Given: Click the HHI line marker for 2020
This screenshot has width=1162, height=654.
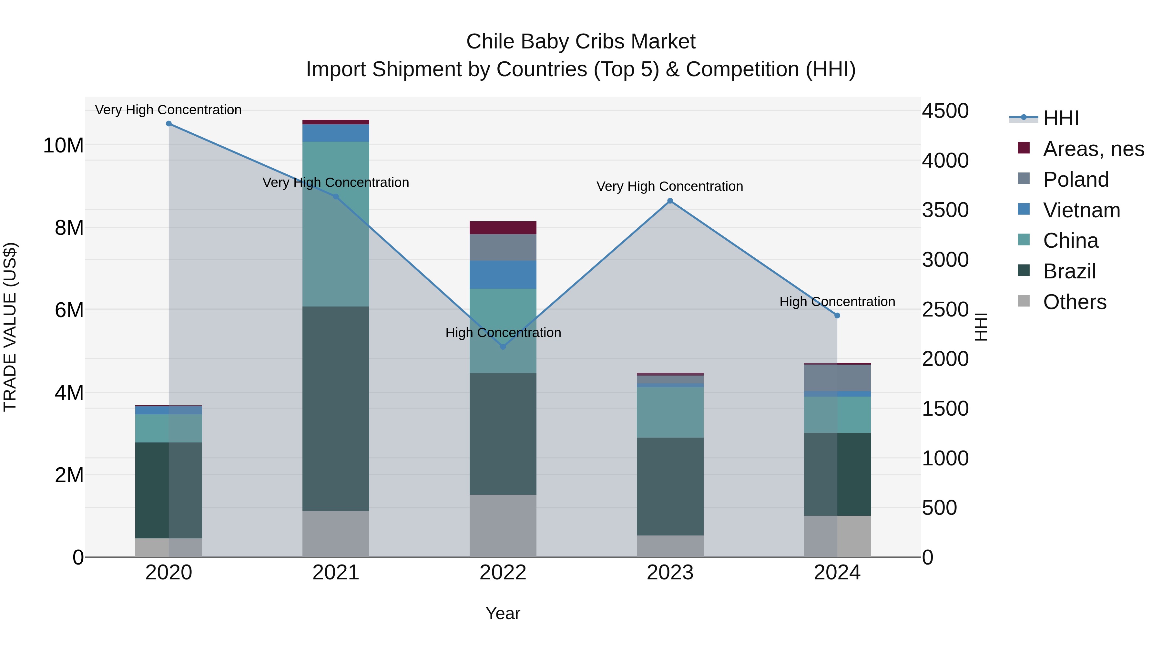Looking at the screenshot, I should coord(169,124).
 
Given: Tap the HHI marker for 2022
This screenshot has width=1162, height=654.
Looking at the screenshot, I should coord(503,347).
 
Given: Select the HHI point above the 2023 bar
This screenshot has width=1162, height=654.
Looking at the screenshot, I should coord(670,201).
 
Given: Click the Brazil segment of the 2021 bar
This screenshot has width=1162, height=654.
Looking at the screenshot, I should coord(336,409).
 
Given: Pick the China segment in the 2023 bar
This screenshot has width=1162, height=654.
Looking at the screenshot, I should coord(670,412).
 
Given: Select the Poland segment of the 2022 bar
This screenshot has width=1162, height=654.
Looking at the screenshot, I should coord(503,247).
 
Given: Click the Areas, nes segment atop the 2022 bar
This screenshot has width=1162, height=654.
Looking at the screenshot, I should coord(503,227).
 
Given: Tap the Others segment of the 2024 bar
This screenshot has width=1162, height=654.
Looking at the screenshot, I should coord(837,536).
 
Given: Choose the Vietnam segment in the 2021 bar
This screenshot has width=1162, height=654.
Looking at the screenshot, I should coord(336,133).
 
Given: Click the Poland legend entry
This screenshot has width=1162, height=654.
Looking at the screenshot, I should coord(1075,180).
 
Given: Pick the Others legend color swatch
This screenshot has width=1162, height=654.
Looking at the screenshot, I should coord(1024,301).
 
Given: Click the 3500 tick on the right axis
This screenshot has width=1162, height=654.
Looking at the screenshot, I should coord(945,210).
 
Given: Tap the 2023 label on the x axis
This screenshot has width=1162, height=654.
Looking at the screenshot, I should coord(670,573).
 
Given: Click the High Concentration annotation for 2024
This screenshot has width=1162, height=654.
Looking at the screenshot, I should coord(837,302).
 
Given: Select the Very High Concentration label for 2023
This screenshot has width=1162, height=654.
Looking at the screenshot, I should coord(669,186).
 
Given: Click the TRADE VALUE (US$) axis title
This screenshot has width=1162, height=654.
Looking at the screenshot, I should coord(10,327).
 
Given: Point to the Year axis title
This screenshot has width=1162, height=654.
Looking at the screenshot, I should coord(503,613).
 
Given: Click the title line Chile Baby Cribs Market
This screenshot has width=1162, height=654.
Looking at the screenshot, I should coord(581,42).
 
